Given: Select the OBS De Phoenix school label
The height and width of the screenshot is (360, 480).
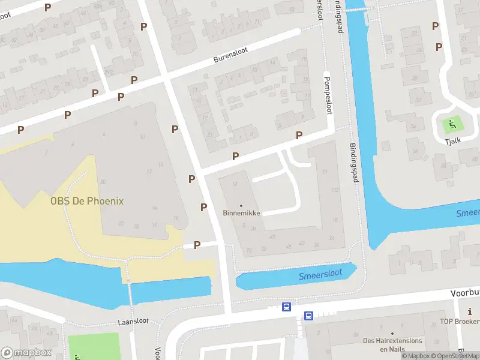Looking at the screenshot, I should click(87, 201).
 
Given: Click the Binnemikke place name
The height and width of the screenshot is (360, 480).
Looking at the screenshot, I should click(241, 213).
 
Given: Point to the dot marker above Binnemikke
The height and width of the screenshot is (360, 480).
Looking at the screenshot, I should click(241, 205).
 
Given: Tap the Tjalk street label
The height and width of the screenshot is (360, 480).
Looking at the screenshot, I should click(453, 140).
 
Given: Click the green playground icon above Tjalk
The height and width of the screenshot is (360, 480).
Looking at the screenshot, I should click(452, 125).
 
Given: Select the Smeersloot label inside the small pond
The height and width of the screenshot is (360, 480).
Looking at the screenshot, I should click(320, 274).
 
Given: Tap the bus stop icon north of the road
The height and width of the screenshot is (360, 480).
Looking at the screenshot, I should click(287, 307).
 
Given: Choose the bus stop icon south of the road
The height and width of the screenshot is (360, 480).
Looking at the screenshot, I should click(308, 316).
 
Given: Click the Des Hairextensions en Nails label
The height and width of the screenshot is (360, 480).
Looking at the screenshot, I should click(392, 344).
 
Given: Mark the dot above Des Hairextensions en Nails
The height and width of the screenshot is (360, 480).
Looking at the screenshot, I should click(392, 333).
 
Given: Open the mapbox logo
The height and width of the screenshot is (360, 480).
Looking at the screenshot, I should click(26, 353).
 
